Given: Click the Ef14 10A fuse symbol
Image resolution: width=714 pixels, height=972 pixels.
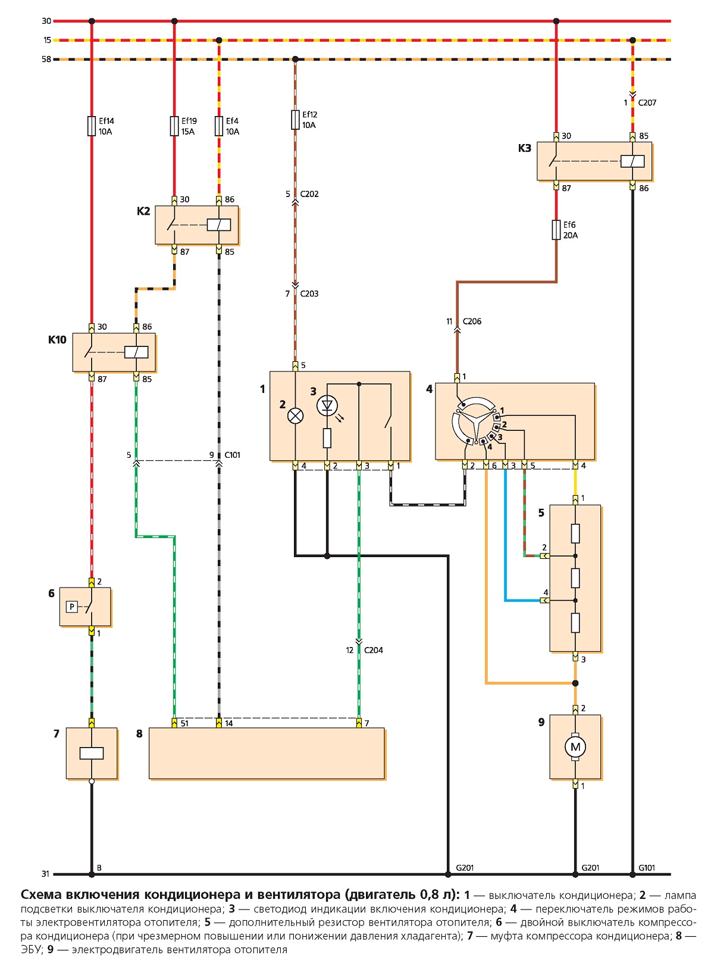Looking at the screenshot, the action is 92,126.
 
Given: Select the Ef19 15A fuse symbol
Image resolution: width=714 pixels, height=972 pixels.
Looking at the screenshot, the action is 174,126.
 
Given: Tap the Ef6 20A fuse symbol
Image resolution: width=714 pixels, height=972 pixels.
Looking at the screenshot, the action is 556,230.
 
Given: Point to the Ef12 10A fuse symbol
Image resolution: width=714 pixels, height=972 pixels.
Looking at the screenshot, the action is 295,120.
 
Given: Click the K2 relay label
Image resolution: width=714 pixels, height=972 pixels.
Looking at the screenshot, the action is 143,211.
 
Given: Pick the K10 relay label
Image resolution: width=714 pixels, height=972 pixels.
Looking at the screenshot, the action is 57,340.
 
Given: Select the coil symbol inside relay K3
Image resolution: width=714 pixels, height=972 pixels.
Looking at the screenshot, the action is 632,161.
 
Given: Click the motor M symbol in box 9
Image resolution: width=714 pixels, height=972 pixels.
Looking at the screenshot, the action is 575,747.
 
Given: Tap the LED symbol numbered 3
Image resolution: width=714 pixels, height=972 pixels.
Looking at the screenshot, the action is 327,406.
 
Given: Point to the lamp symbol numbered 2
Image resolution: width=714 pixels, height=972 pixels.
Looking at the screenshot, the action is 295,416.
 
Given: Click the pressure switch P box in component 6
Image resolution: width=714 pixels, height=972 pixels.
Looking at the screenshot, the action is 72,607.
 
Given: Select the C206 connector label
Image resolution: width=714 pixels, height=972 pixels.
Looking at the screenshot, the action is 472,321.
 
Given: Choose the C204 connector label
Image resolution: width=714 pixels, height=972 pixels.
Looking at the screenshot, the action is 374,650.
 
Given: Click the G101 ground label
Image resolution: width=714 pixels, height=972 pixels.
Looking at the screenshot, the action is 647,867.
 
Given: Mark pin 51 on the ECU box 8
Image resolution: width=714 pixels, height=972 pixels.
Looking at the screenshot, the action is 174,723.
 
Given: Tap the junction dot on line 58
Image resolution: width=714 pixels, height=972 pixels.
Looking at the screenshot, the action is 295,59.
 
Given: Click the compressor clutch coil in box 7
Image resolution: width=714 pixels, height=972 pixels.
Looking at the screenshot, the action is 92,754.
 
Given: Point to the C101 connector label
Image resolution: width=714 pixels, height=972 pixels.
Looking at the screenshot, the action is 232,455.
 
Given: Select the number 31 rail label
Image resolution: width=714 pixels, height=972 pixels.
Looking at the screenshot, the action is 46,874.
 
